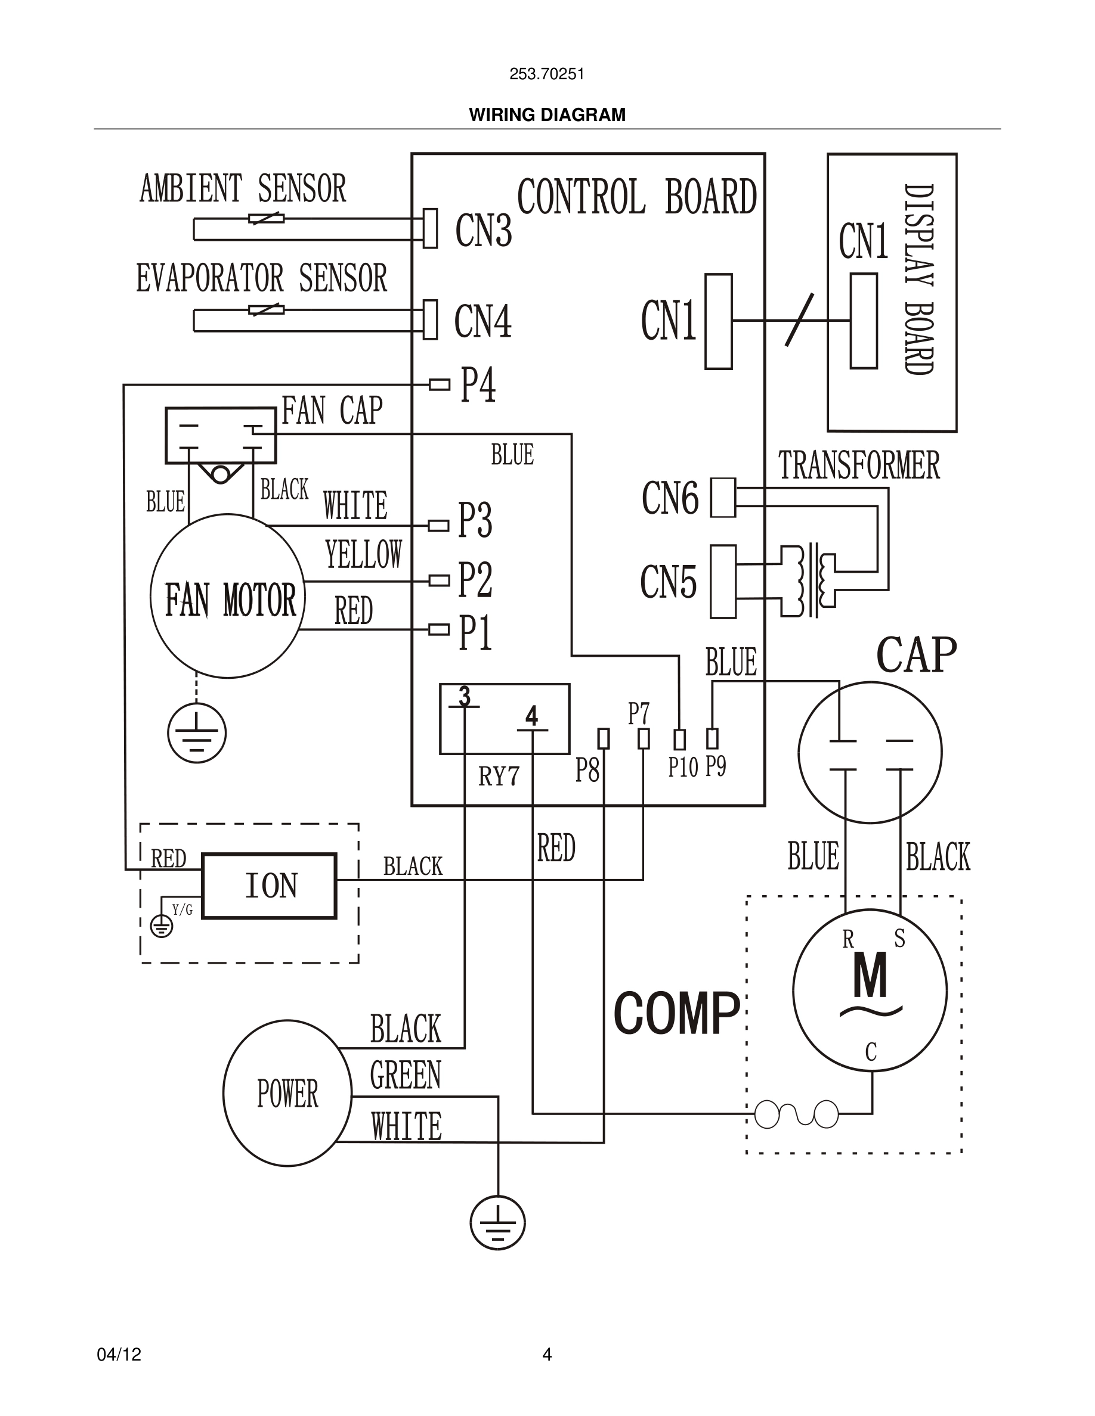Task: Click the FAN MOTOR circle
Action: point(228,596)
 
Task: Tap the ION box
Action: point(269,886)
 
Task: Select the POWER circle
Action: point(287,1094)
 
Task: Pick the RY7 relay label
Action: point(499,776)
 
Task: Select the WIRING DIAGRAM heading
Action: point(547,115)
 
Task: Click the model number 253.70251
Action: point(547,74)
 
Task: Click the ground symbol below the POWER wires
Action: point(497,1223)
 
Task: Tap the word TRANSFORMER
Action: point(859,465)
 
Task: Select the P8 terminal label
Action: point(587,770)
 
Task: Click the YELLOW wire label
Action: point(363,555)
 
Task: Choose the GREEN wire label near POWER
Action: point(406,1076)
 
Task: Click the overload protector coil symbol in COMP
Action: point(797,1114)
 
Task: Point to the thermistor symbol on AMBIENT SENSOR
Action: point(267,219)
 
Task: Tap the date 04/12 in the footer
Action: point(119,1355)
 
